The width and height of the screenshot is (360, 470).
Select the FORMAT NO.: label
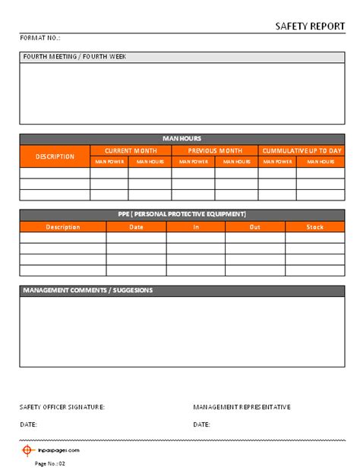tap(39, 37)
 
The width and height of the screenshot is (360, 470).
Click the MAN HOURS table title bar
tap(182, 139)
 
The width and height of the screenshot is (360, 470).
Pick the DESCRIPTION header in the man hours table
tap(55, 156)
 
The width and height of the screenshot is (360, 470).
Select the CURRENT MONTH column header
tap(131, 151)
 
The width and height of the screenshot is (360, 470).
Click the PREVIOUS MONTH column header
tap(215, 151)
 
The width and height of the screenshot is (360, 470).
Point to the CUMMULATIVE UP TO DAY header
tap(302, 151)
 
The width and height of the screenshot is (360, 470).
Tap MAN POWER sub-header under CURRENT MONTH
tap(109, 162)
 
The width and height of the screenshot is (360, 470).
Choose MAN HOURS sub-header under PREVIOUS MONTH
tap(236, 162)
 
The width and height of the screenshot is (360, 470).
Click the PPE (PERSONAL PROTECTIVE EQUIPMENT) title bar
tap(182, 214)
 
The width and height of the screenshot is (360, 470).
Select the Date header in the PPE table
tap(136, 227)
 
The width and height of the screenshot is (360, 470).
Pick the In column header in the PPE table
tap(196, 227)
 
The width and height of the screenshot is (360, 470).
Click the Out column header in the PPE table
tap(255, 227)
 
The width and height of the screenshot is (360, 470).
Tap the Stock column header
tap(314, 227)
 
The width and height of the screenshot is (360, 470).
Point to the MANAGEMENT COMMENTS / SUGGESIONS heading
tap(88, 290)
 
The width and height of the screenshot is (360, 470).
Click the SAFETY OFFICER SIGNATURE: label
tap(62, 407)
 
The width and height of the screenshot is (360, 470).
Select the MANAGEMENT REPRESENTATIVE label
tap(242, 407)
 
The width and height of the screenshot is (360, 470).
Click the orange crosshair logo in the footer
tap(28, 449)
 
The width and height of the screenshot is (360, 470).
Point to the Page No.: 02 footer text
tap(50, 463)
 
